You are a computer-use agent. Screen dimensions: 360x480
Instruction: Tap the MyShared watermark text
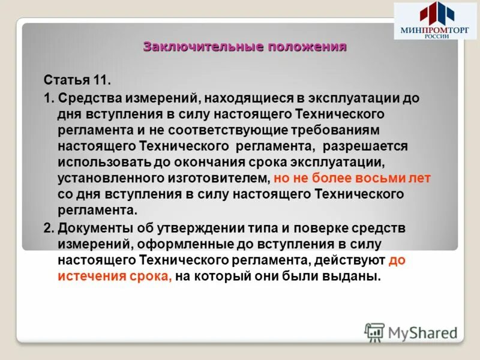click(422, 332)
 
